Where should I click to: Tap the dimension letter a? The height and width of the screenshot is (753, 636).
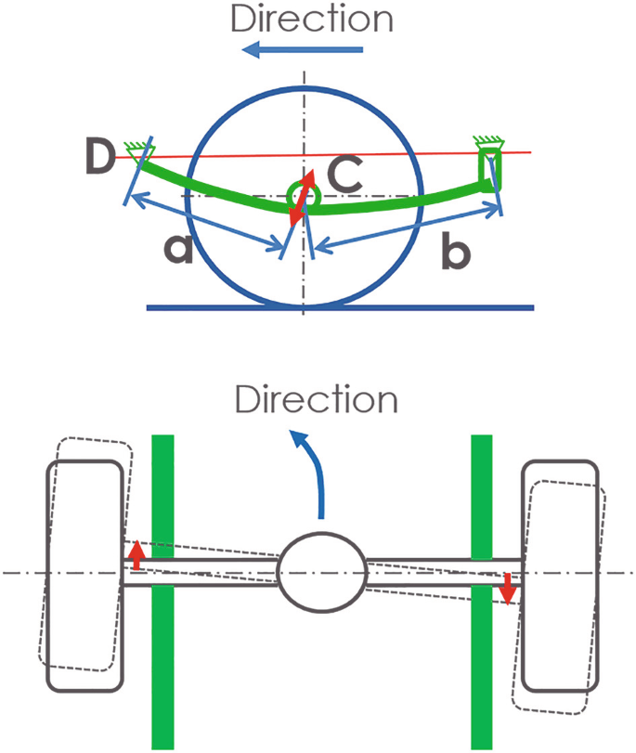coord(177,249)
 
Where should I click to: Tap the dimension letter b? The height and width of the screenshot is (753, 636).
coord(454,250)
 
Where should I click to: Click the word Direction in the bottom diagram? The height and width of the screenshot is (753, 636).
coord(317,399)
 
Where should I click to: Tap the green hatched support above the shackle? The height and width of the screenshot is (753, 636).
coord(487,142)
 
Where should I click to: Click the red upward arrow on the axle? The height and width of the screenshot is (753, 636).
coord(136,556)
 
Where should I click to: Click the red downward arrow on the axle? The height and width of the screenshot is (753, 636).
coord(507,588)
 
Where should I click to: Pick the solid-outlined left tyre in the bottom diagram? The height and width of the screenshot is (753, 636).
coord(85,576)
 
